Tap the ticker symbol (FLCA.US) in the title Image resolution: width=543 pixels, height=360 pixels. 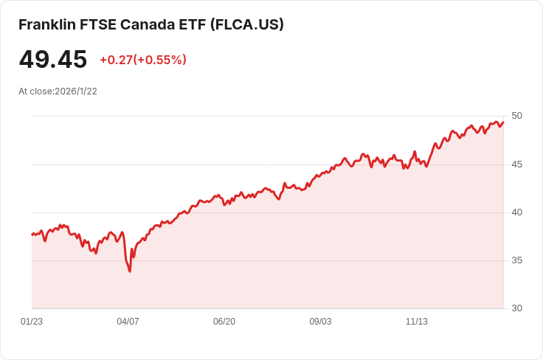(247, 24)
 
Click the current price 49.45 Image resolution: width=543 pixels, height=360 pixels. (53, 60)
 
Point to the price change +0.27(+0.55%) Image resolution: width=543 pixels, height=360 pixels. (143, 60)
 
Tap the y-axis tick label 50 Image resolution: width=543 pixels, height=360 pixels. (516, 116)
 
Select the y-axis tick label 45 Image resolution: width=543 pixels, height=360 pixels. (516, 165)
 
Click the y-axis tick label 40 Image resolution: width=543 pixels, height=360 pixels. (516, 212)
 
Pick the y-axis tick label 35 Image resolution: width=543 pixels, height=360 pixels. (516, 260)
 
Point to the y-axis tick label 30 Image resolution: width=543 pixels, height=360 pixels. (516, 308)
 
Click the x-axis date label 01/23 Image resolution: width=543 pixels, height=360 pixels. (32, 322)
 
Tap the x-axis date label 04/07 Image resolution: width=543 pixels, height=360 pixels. (128, 322)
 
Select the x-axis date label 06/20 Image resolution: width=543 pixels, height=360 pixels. (224, 322)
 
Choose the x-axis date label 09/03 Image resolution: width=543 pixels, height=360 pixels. (320, 322)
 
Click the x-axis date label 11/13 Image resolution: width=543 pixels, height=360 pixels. (417, 322)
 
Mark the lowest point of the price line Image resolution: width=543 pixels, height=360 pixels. (130, 271)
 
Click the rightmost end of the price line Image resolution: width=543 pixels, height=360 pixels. (503, 122)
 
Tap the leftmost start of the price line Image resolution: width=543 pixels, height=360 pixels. (32, 235)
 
